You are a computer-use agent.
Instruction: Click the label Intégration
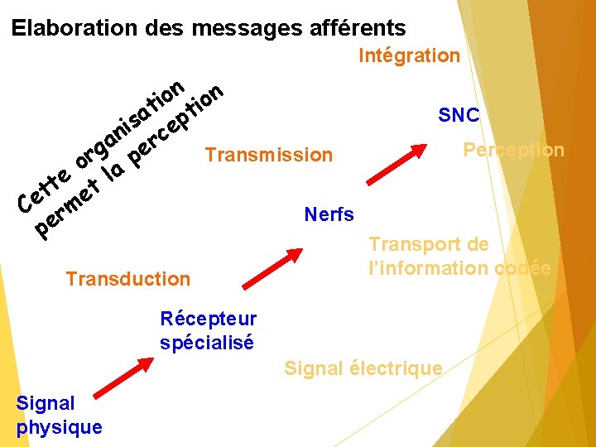pos(409,56)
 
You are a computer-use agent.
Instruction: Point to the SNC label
pos(459,115)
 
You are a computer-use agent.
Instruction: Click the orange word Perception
pos(513,151)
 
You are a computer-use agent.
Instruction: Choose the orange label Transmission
pos(268,156)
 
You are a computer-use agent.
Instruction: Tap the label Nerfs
pos(329,215)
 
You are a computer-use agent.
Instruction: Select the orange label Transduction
pos(127,279)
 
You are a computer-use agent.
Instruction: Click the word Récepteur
pos(209,320)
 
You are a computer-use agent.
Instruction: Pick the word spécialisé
pos(207,341)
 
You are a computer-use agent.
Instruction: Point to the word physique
pos(59,427)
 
